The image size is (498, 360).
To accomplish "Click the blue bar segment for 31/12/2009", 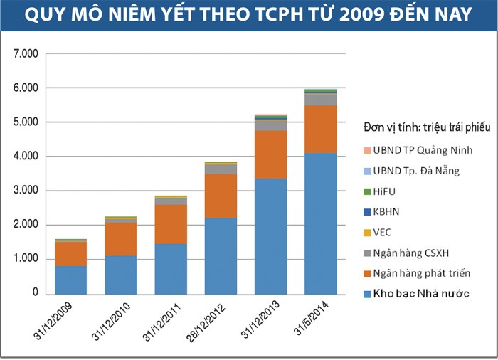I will [70, 279].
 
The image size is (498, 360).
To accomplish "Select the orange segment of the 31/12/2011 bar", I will [170, 224].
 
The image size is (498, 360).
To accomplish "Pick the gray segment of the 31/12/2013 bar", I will [270, 125].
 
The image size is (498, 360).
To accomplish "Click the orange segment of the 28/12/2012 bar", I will [221, 196].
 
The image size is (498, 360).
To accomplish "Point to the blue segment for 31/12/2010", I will [120, 274].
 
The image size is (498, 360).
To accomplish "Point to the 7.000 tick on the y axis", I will [26, 54].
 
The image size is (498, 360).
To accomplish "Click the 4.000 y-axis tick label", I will [26, 157].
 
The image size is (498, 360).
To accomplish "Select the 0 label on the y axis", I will [34, 293].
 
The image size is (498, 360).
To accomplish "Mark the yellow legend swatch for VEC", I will [367, 233].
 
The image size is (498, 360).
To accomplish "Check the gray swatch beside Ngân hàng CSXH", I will [367, 253].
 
